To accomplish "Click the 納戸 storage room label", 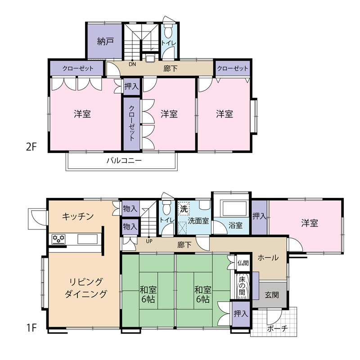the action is coord(105,41).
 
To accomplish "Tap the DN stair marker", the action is coord(132,64).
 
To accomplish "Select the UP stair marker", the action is coord(149,241).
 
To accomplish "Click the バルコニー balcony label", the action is coord(124,160).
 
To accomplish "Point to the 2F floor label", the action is coord(31,147).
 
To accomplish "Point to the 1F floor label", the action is coord(31,328).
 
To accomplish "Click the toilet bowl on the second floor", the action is coord(168,31).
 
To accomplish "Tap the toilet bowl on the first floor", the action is coord(166,208).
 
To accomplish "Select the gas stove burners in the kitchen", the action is coord(59,239).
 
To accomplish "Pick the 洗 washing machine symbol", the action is coord(184,209).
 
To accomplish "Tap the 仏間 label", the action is coord(243,263).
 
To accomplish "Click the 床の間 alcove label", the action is coord(242,286).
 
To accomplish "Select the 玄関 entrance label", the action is coord(272,295).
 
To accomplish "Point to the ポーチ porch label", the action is coord(277,329).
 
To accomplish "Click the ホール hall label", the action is coord(268,258).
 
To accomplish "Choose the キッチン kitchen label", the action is coord(78,216).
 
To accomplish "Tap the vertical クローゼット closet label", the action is coord(131,123).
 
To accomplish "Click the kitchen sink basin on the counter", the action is coord(87,239).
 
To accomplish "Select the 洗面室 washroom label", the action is coord(198,221).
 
